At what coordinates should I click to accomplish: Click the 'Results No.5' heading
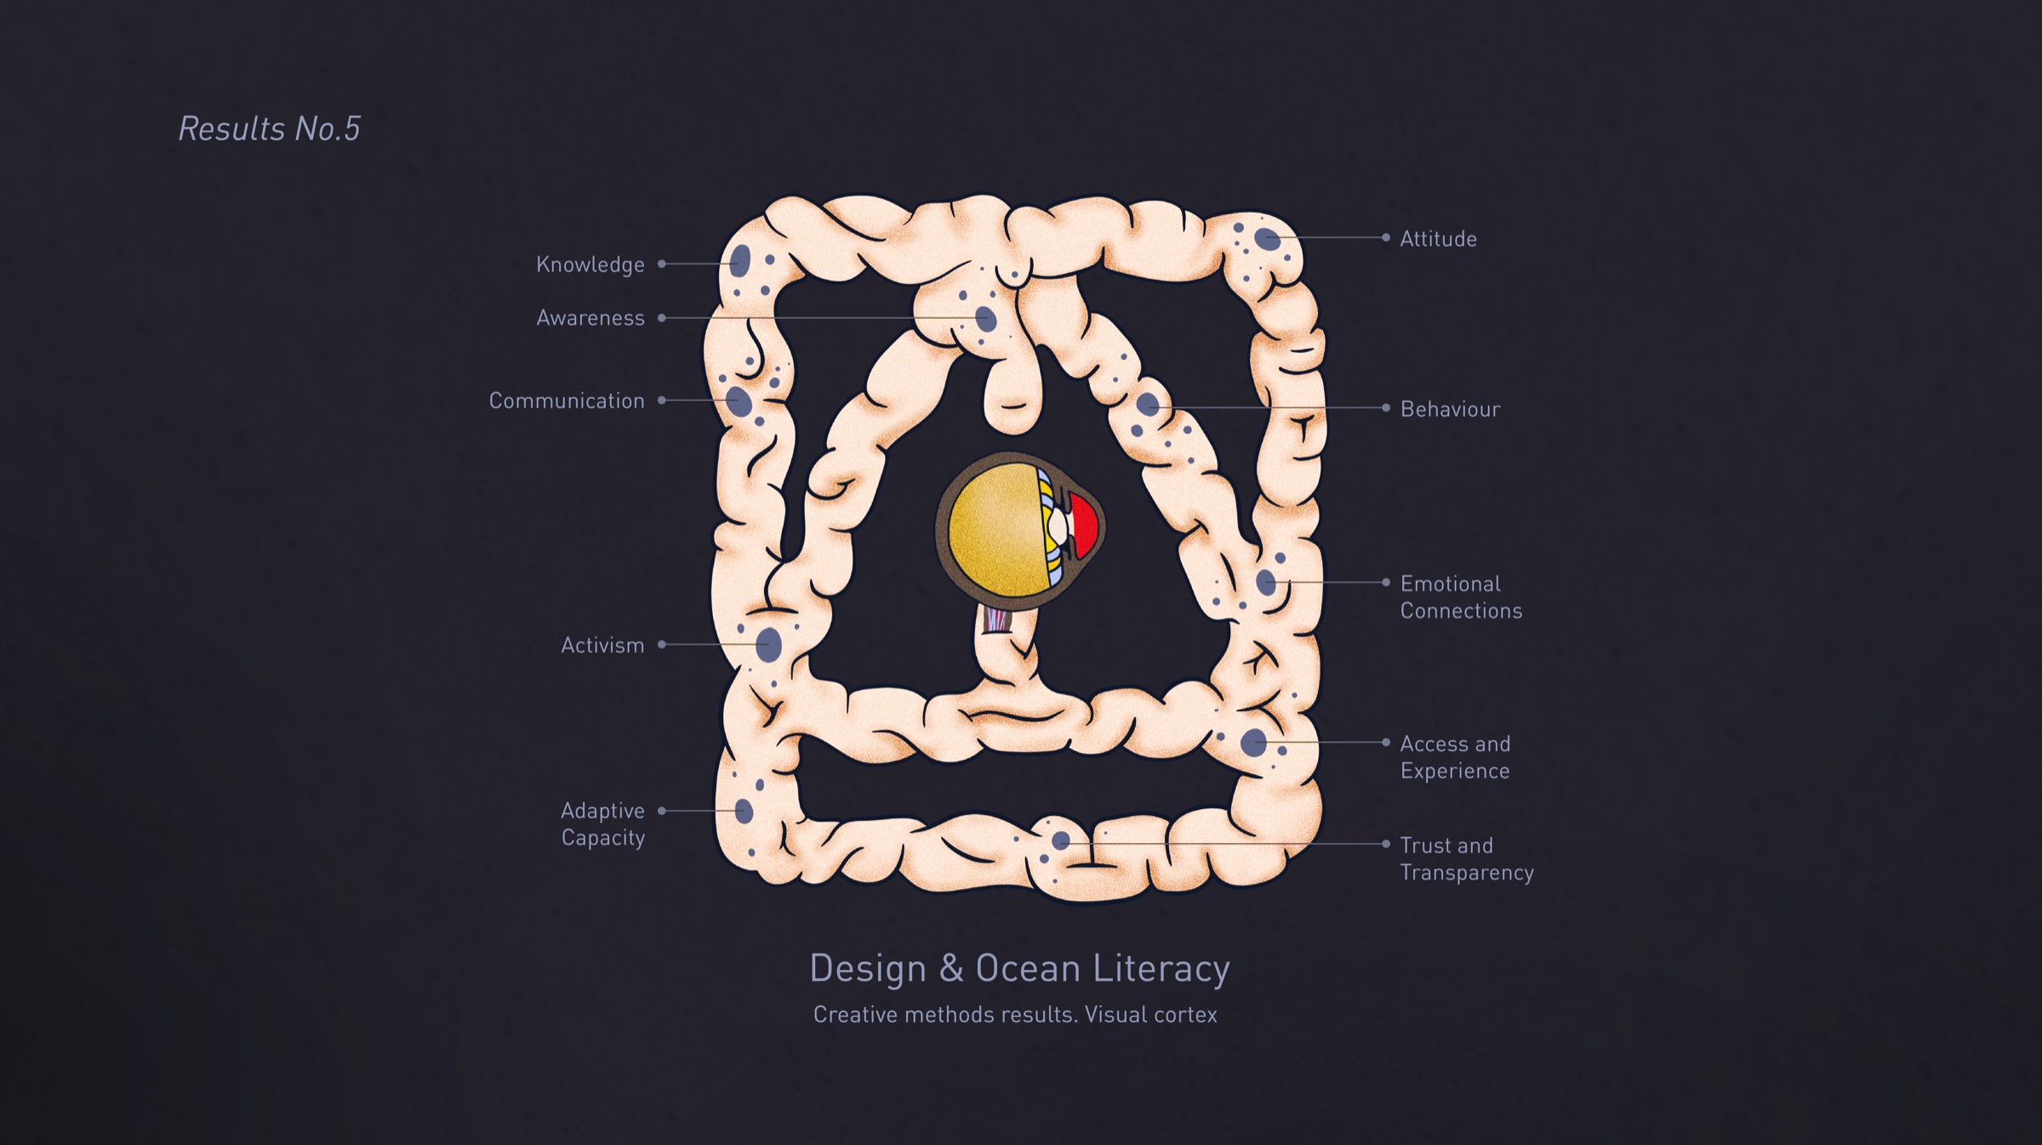[x=269, y=128]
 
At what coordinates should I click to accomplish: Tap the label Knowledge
[x=590, y=265]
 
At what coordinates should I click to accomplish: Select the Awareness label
[x=590, y=318]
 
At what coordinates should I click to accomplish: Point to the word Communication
[x=567, y=401]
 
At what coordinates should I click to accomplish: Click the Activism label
[x=602, y=645]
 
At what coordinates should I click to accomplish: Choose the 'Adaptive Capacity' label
[x=602, y=823]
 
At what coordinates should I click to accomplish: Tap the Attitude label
[x=1439, y=239]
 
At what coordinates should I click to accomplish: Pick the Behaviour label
[x=1451, y=409]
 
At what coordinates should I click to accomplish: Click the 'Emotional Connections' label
[x=1461, y=597]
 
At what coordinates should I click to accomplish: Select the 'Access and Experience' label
[x=1455, y=757]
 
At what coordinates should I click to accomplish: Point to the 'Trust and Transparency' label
[x=1467, y=858]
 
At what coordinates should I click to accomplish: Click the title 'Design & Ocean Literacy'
[x=1019, y=969]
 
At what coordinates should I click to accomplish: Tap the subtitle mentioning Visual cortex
[x=1015, y=1014]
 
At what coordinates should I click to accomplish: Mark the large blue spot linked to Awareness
[x=986, y=319]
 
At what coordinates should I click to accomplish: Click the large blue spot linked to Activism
[x=768, y=645]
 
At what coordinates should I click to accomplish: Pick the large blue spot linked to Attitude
[x=1268, y=239]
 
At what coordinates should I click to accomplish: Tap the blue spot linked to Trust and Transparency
[x=1061, y=841]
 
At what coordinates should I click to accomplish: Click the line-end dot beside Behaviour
[x=1386, y=408]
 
